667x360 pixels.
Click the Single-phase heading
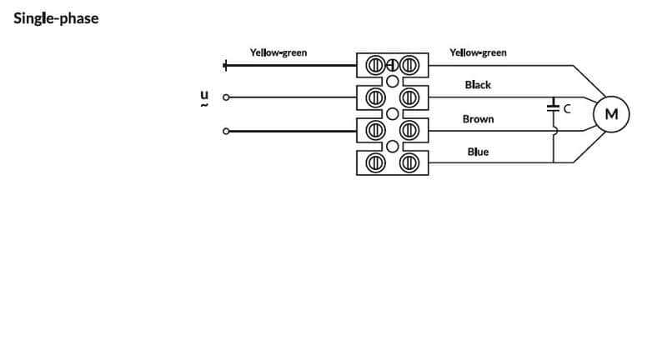[56, 18]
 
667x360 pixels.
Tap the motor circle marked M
[611, 114]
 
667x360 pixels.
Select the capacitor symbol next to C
[553, 108]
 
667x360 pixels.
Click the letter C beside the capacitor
[567, 108]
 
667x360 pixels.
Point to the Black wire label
[478, 85]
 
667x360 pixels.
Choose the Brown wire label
[478, 119]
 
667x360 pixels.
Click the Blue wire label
[478, 152]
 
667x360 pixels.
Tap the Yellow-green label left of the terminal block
[278, 52]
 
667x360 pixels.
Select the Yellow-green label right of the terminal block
[478, 52]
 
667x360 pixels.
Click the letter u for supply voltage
[203, 94]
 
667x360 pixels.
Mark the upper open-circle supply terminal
[225, 97]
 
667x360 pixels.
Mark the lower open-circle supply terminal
[225, 131]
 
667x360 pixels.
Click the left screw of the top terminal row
[376, 65]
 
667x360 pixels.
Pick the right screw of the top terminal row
[409, 65]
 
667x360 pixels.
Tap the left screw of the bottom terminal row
[376, 162]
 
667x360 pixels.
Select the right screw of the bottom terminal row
[409, 162]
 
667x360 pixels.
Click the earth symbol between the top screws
[392, 65]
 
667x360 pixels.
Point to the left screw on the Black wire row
[376, 97]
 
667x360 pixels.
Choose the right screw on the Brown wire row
[409, 130]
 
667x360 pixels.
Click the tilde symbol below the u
[203, 106]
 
